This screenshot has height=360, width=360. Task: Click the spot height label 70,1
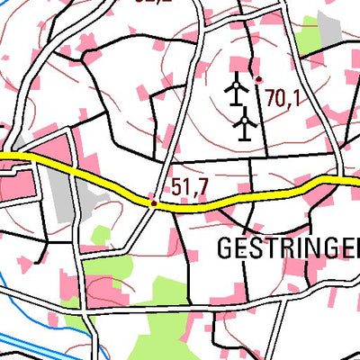(282, 98)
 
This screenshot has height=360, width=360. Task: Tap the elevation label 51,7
(190, 187)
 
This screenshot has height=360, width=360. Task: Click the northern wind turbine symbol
(236, 89)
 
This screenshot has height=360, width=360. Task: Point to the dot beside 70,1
(258, 80)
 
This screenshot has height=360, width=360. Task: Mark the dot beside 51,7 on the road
(154, 203)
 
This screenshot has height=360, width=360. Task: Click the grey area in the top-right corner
(330, 27)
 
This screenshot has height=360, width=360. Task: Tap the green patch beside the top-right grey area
(309, 37)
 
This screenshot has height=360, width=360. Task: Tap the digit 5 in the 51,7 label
(177, 187)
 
